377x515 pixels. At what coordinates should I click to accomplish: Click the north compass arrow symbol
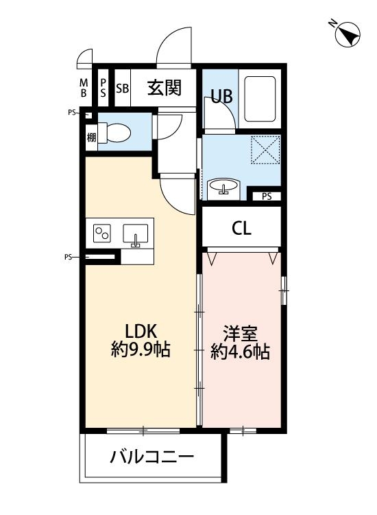click(348, 34)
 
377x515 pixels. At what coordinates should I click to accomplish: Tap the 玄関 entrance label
click(165, 88)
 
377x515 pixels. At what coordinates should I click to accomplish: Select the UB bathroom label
click(221, 97)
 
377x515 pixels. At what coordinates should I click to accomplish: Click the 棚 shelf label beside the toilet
click(91, 136)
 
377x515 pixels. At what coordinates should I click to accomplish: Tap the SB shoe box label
click(122, 89)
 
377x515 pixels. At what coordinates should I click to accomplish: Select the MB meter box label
click(84, 88)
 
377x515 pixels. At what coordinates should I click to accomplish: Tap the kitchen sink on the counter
click(135, 235)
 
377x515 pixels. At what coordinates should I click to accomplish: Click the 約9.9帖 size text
click(141, 351)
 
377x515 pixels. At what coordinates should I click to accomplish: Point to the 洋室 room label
click(240, 334)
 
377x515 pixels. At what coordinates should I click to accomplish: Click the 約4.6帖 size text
click(240, 353)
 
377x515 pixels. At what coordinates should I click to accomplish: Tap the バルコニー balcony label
click(152, 457)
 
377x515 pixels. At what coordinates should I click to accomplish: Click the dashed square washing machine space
click(265, 150)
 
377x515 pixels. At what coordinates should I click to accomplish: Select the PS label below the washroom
click(266, 196)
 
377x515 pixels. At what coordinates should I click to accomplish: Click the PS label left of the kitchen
click(69, 257)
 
